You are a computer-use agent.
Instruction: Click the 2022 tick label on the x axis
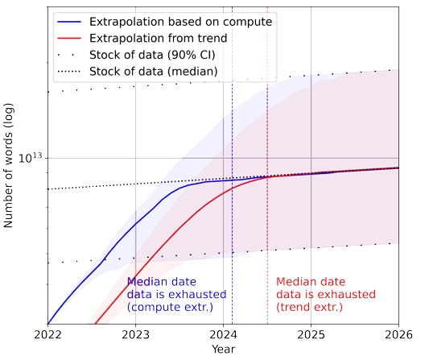(47, 334)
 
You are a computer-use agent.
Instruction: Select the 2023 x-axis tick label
(136, 334)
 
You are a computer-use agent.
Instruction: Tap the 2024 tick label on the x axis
(223, 334)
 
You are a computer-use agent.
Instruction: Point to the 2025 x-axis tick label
(311, 334)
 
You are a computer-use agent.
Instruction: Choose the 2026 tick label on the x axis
(398, 334)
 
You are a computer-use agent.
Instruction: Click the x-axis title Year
(223, 350)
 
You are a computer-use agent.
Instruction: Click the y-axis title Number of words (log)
(8, 165)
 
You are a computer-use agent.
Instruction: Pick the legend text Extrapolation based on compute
(181, 22)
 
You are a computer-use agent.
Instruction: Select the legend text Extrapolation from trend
(158, 38)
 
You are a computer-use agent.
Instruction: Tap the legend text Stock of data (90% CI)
(152, 55)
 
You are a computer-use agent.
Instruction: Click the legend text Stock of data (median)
(153, 72)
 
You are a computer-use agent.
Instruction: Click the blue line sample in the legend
(69, 22)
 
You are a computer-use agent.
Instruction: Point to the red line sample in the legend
(69, 39)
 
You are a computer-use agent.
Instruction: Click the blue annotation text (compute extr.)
(170, 307)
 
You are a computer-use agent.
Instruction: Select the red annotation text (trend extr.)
(309, 307)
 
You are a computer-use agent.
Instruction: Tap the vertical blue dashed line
(233, 165)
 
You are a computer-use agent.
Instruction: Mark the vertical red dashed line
(267, 165)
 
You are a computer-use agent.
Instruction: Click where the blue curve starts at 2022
(48, 324)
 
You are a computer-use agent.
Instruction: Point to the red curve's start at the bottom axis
(95, 324)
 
